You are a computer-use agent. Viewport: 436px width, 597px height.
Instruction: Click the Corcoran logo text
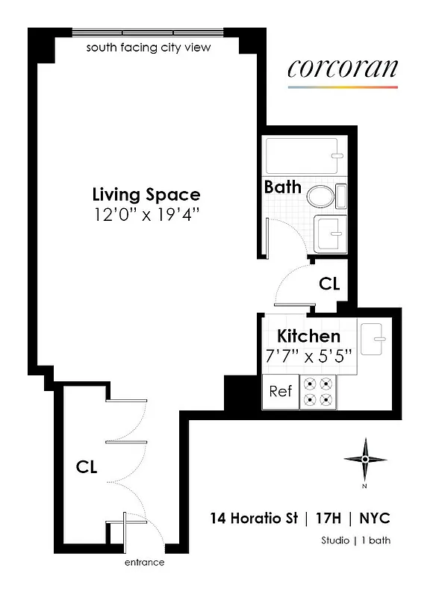tap(342, 69)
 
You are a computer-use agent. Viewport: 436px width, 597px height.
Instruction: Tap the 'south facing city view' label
tap(149, 48)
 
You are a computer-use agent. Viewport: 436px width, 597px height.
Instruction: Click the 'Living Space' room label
tap(146, 195)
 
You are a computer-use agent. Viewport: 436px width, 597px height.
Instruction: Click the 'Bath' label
tap(282, 187)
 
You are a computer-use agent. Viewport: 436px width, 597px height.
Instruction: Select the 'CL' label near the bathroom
tap(329, 284)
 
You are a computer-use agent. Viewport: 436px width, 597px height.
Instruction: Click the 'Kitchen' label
tap(308, 336)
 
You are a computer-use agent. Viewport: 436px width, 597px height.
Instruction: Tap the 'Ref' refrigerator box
tap(280, 391)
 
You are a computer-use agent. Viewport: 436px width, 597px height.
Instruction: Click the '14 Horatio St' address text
tap(254, 518)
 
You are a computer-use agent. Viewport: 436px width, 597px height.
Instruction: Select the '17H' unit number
tap(329, 518)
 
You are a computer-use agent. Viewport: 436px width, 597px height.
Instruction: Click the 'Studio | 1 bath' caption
tap(355, 541)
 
